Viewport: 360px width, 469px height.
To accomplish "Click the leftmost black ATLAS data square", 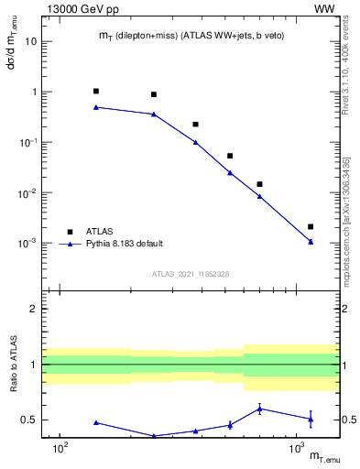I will (x=96, y=92).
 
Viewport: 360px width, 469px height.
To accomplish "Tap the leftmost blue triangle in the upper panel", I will (x=96, y=107).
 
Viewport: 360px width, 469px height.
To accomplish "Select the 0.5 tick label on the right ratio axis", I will (x=351, y=420).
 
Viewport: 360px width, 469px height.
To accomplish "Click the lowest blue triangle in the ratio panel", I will (x=154, y=436).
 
